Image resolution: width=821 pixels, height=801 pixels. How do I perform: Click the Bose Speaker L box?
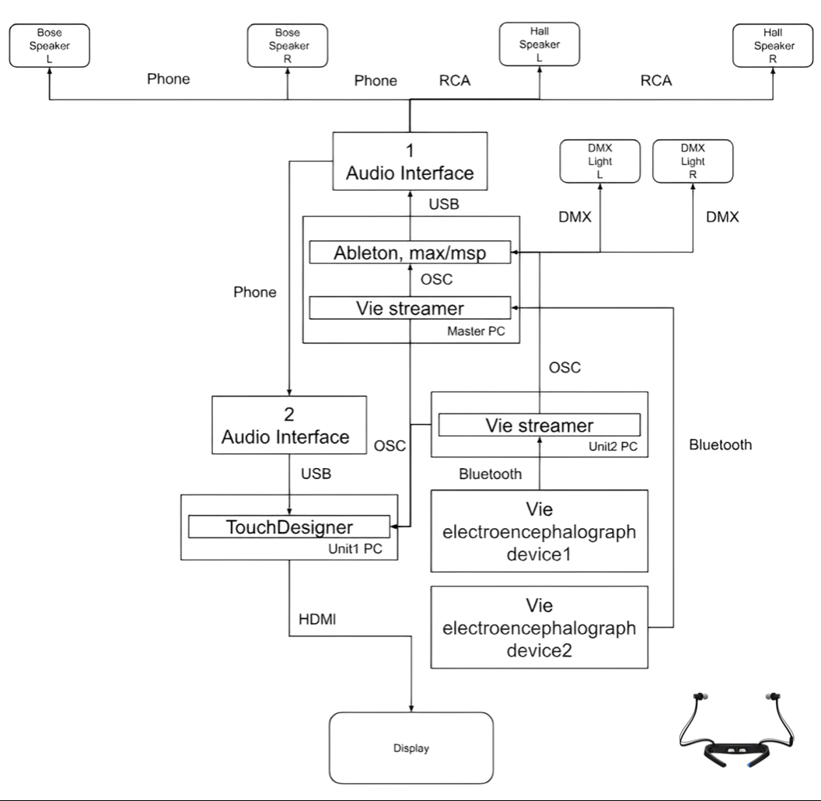(49, 45)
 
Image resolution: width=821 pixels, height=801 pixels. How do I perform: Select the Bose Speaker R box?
(288, 45)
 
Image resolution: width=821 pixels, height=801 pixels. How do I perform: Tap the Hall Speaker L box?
(540, 45)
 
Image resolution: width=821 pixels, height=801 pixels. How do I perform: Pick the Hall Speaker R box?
(774, 45)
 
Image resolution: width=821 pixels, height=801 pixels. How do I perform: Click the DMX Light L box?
(600, 161)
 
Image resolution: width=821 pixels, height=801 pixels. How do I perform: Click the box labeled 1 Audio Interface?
(410, 160)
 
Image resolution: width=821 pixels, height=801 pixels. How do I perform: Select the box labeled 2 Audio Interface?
(289, 425)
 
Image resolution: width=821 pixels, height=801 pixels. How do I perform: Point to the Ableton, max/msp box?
(410, 253)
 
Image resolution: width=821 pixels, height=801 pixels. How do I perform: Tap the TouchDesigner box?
(288, 526)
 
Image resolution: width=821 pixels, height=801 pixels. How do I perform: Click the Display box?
(411, 749)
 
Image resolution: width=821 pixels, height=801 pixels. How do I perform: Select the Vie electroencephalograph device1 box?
(539, 531)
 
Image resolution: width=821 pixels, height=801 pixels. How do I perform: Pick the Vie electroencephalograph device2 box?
(539, 628)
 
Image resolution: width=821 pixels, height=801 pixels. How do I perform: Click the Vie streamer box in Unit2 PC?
(539, 425)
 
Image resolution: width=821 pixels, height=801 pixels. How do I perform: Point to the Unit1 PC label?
(362, 548)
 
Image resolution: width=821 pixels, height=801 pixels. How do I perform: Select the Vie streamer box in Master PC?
(410, 308)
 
